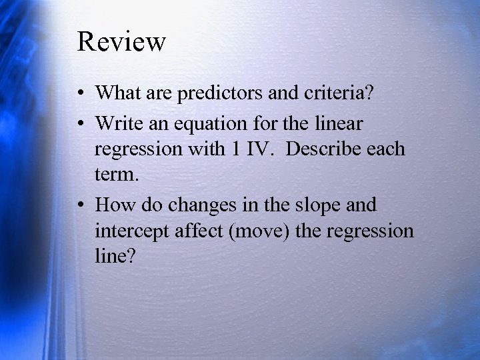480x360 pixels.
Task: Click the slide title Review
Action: pos(121,41)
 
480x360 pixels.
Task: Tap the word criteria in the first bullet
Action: pos(332,93)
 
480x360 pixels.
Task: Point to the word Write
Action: pos(119,123)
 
